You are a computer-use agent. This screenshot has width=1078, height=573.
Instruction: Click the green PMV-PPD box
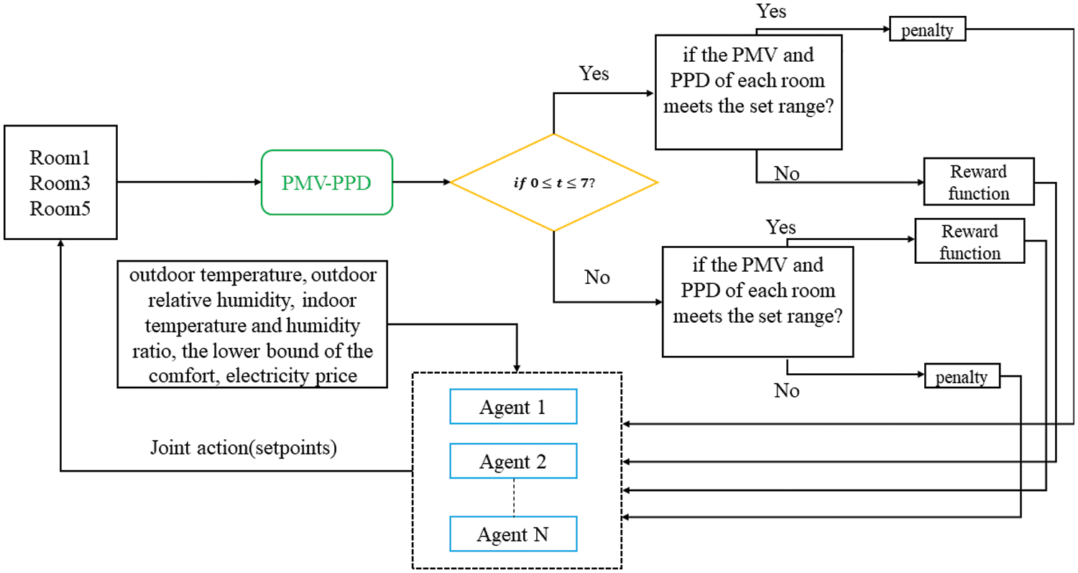pos(327,183)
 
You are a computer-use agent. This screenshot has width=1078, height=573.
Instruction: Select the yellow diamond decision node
pos(554,183)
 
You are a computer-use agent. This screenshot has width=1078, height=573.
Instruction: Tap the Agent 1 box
pos(514,407)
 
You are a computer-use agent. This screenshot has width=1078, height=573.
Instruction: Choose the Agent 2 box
pos(514,462)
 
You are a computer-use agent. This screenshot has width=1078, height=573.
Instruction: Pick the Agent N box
pos(514,534)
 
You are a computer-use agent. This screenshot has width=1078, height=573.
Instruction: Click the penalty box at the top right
pos(927,29)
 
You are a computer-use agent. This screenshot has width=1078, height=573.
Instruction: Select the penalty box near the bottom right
pos(962,376)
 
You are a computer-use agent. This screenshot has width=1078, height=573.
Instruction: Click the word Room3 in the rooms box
pos(60,183)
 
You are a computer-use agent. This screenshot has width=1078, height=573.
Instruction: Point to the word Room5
pos(60,208)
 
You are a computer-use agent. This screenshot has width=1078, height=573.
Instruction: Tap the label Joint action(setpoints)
pos(244,448)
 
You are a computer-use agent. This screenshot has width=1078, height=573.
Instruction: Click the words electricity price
pos(292,375)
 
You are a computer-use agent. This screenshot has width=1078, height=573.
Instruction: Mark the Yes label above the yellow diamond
pos(594,73)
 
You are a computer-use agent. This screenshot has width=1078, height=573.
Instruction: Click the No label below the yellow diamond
pos(597,278)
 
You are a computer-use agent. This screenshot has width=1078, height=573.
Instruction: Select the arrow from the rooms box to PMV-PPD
pos(189,182)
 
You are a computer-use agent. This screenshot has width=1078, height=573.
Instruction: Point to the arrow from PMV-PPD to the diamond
pos(422,182)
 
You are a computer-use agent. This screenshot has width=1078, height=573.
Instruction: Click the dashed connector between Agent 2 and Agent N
pos(514,498)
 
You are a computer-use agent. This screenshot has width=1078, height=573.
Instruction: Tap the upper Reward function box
pos(979,182)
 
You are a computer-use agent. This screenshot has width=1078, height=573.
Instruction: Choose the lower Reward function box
pos(969,242)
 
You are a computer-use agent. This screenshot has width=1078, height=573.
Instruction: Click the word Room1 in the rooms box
pos(60,157)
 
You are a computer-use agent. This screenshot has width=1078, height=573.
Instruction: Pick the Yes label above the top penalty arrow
pos(771,11)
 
